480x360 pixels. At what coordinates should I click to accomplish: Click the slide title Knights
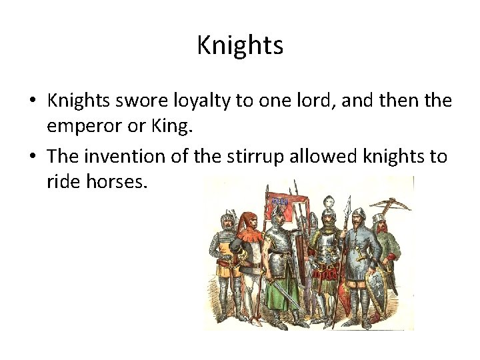pyautogui.click(x=240, y=45)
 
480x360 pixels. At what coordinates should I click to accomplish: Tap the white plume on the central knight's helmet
pyautogui.click(x=328, y=202)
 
